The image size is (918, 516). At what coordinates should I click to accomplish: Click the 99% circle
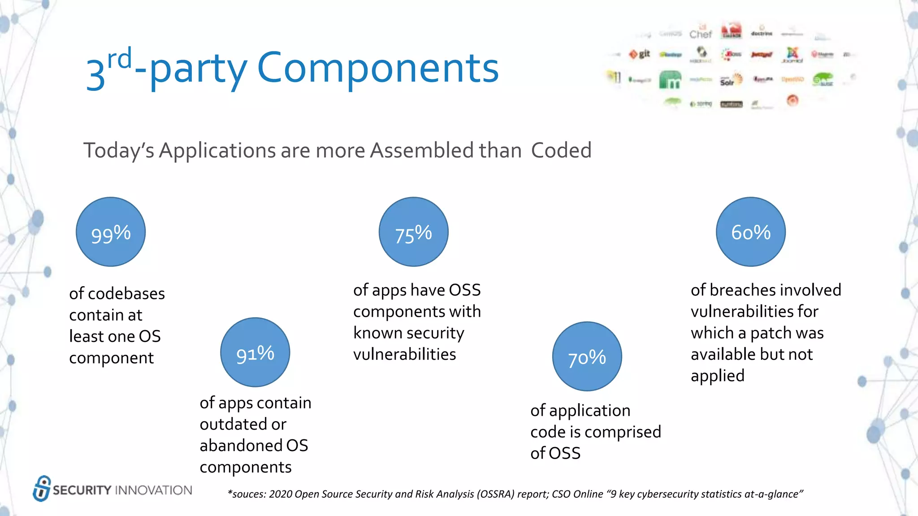click(x=111, y=232)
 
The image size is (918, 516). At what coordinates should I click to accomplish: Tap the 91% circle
click(x=255, y=353)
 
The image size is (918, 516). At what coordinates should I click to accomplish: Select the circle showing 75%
click(x=413, y=232)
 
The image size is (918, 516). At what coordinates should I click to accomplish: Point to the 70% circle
click(x=587, y=357)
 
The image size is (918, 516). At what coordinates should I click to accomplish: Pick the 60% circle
click(x=751, y=232)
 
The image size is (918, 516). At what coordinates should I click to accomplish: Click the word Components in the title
click(x=378, y=68)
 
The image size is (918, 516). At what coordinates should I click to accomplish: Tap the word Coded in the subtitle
click(x=561, y=150)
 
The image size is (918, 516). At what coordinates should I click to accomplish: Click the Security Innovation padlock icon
click(x=42, y=489)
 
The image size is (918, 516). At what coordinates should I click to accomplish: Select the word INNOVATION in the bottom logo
click(x=154, y=490)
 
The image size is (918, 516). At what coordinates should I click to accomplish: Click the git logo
click(x=640, y=54)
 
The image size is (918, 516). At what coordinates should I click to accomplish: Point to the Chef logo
click(x=701, y=33)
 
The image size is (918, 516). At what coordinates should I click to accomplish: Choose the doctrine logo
click(x=762, y=32)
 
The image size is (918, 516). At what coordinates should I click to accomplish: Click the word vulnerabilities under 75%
click(x=404, y=354)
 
